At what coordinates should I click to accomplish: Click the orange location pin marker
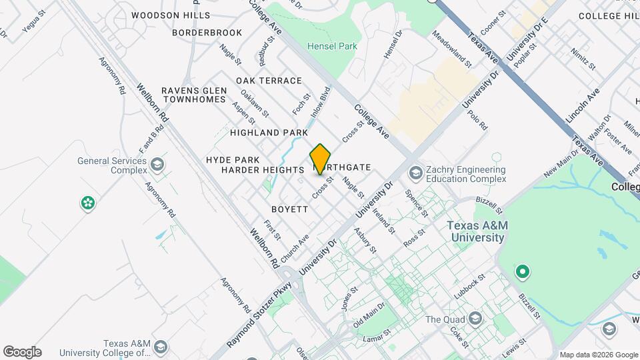click(321, 159)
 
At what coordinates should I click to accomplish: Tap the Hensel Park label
click(332, 46)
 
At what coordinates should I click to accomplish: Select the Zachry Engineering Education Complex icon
click(414, 173)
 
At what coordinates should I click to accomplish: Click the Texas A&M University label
click(477, 231)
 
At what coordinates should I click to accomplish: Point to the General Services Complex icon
click(157, 165)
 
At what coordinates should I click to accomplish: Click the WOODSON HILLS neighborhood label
click(171, 15)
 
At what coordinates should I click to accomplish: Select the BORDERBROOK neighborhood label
click(207, 32)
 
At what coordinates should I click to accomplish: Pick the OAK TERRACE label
click(269, 81)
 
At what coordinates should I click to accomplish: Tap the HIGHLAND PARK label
click(269, 133)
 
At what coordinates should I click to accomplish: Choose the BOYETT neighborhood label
click(290, 209)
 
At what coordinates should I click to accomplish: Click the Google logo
click(22, 352)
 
